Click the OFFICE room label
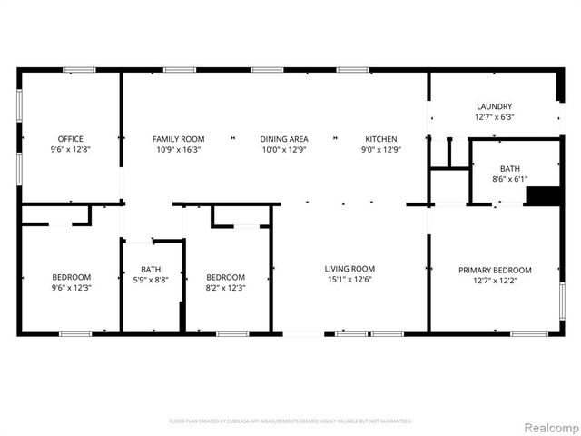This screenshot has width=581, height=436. coord(71,139)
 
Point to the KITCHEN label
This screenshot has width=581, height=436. coord(381,139)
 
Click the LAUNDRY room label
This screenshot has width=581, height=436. coord(494,106)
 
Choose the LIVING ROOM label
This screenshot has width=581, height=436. coord(350,269)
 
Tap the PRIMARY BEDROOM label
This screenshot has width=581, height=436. coord(495,270)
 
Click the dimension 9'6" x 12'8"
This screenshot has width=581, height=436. coord(71,150)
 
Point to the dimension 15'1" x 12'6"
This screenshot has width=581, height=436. coord(350,280)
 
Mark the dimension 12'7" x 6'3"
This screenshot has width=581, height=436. coord(494,117)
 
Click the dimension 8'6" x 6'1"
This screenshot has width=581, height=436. coord(509,179)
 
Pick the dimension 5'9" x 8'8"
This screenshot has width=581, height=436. coord(151,280)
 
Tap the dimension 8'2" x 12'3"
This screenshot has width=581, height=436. coord(225,288)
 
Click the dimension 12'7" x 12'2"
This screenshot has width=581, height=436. coord(495,281)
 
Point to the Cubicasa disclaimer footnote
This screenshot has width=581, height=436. coord(290,421)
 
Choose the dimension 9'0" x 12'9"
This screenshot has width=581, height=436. coord(381,150)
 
